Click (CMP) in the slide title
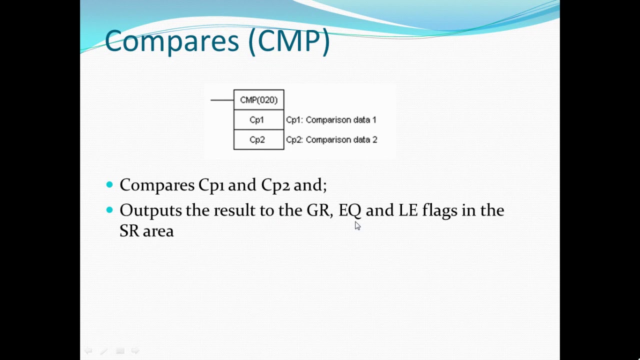pos(289,41)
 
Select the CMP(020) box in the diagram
pos(258,100)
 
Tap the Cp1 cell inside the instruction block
pos(257,120)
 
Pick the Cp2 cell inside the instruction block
pos(257,139)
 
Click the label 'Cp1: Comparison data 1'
pos(331,120)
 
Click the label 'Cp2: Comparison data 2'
pos(331,139)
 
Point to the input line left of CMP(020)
pos(222,100)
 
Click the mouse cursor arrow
pos(357,225)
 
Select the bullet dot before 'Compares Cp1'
pos(110,185)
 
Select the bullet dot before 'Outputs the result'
pos(110,210)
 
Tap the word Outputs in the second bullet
pos(150,210)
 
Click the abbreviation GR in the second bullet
pos(318,210)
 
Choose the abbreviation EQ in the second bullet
pos(349,210)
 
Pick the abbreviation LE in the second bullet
pos(407,210)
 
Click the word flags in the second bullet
pos(439,210)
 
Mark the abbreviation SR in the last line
pos(129,231)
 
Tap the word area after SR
pos(158,231)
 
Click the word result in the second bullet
pos(234,210)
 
